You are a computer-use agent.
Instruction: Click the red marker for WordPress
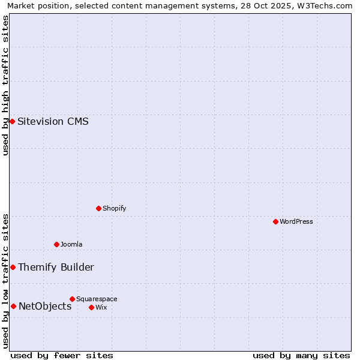(275, 221)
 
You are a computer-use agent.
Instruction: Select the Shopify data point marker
(98, 208)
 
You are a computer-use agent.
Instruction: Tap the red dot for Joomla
(56, 244)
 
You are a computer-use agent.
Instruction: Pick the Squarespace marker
(72, 299)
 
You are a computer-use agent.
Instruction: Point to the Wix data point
(91, 307)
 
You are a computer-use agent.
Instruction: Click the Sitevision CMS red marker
(12, 121)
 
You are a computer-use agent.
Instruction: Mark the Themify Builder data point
(13, 267)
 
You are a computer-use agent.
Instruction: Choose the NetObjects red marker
(13, 306)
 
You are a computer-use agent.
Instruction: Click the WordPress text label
(296, 221)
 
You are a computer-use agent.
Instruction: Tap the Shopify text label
(114, 208)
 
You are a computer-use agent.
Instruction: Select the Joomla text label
(71, 244)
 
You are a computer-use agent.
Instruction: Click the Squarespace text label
(97, 299)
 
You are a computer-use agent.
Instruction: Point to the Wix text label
(101, 307)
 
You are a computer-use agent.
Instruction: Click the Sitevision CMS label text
(53, 121)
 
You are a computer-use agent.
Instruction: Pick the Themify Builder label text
(56, 267)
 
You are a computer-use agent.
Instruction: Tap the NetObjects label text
(45, 306)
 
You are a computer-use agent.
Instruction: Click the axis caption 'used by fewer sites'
(62, 355)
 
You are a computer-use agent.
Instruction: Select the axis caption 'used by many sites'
(301, 355)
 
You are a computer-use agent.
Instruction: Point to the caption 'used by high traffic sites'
(6, 85)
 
